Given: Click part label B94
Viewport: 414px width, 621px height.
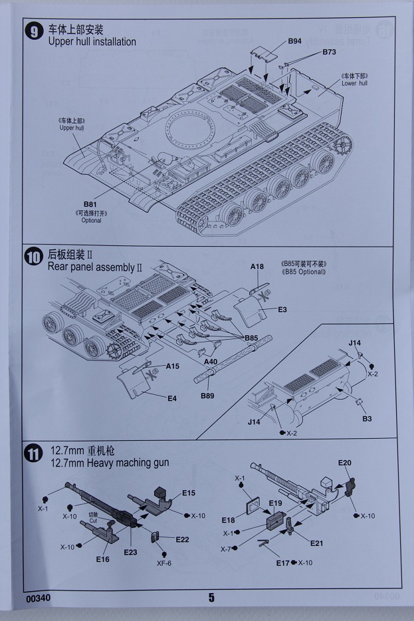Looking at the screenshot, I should pos(295,41).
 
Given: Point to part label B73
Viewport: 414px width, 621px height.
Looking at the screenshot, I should pos(330,52).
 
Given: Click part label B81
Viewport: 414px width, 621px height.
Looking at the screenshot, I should pos(90,204).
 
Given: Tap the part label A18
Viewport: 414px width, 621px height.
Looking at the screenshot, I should pos(257,267).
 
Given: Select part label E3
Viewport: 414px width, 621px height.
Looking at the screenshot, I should pos(282,310).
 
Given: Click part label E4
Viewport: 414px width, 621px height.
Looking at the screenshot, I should pos(171,398).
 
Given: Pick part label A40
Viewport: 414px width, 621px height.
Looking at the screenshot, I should pos(211,362).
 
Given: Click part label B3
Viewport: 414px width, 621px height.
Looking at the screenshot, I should pos(367,419).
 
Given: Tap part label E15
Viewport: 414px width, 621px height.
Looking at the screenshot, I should pos(188,493).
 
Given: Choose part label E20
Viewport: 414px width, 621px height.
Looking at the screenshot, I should pos(344,463).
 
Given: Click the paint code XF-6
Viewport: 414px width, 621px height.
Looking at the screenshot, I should pos(164,563).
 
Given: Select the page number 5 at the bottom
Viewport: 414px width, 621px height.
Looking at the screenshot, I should pos(211,598).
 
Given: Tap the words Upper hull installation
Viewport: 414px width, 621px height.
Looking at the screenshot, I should pos(92,42).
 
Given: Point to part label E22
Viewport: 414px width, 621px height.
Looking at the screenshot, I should pos(183,539).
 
